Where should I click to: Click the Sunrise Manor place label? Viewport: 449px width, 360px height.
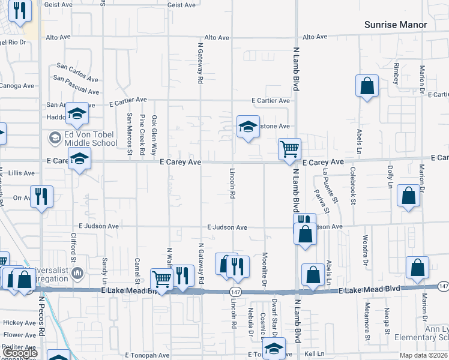396,25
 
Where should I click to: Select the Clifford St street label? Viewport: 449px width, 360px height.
74,250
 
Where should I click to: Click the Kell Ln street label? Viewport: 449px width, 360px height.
314,355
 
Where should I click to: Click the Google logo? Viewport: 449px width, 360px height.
19,353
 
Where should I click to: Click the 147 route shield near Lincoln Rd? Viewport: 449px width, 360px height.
235,291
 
